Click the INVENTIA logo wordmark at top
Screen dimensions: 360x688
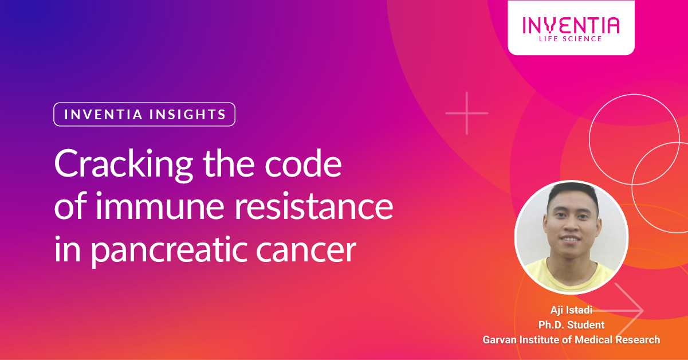point(571,25)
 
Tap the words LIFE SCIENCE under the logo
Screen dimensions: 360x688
point(571,39)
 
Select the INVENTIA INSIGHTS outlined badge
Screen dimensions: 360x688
point(144,114)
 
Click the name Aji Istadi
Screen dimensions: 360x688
point(571,311)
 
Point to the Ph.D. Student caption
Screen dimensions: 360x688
point(571,325)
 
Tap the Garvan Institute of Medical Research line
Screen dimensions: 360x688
point(571,339)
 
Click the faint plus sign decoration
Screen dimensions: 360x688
point(467,113)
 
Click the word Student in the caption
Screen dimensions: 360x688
point(585,325)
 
